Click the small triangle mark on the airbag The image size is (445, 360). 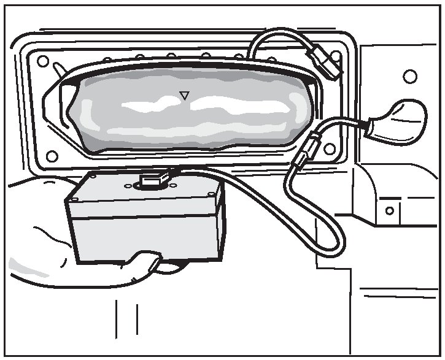tap(184, 94)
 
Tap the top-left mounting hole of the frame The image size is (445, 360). tap(42, 61)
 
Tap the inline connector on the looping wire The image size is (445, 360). tap(306, 150)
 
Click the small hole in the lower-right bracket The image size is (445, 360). tap(389, 210)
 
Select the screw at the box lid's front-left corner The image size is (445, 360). tap(73, 200)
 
